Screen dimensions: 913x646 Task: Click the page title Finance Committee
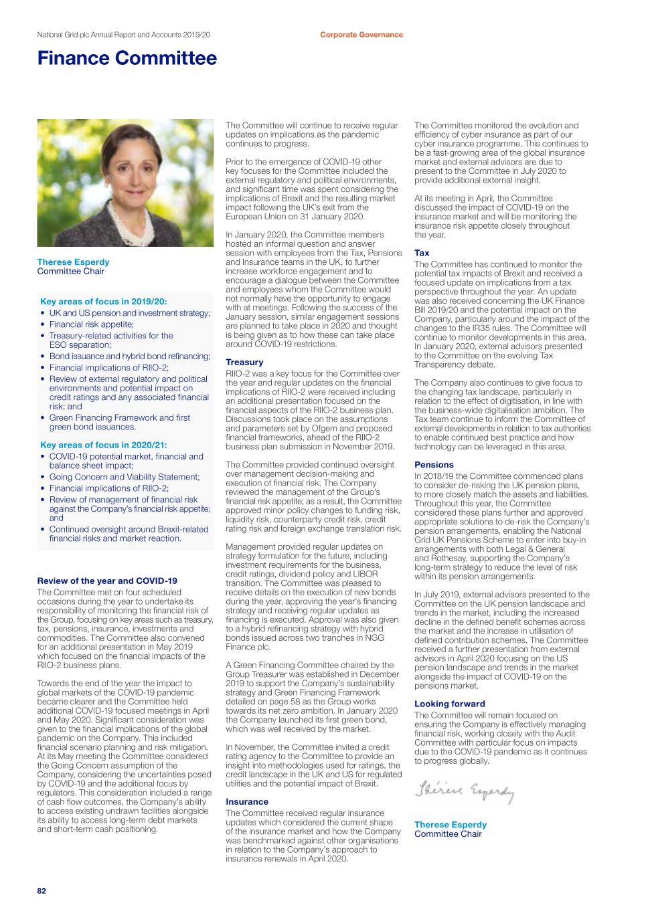click(x=127, y=58)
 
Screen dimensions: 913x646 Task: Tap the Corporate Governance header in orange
click(x=361, y=35)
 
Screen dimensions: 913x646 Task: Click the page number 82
click(x=42, y=891)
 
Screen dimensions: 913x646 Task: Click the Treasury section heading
click(x=244, y=362)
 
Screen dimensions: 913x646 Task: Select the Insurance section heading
click(x=246, y=801)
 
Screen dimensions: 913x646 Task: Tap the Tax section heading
click(x=422, y=253)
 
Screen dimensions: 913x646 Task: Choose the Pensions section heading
click(x=434, y=464)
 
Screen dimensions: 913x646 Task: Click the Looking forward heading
click(x=449, y=704)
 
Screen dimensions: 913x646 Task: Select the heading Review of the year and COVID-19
click(x=107, y=581)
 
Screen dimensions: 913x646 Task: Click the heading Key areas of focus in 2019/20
click(x=104, y=302)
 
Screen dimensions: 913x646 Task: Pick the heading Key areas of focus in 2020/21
click(x=104, y=445)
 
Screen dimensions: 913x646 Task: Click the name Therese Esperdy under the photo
click(x=73, y=262)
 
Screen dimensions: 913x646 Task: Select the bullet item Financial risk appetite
click(x=92, y=324)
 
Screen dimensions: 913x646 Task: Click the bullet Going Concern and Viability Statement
click(x=125, y=477)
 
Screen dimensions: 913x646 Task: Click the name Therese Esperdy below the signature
click(x=451, y=825)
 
